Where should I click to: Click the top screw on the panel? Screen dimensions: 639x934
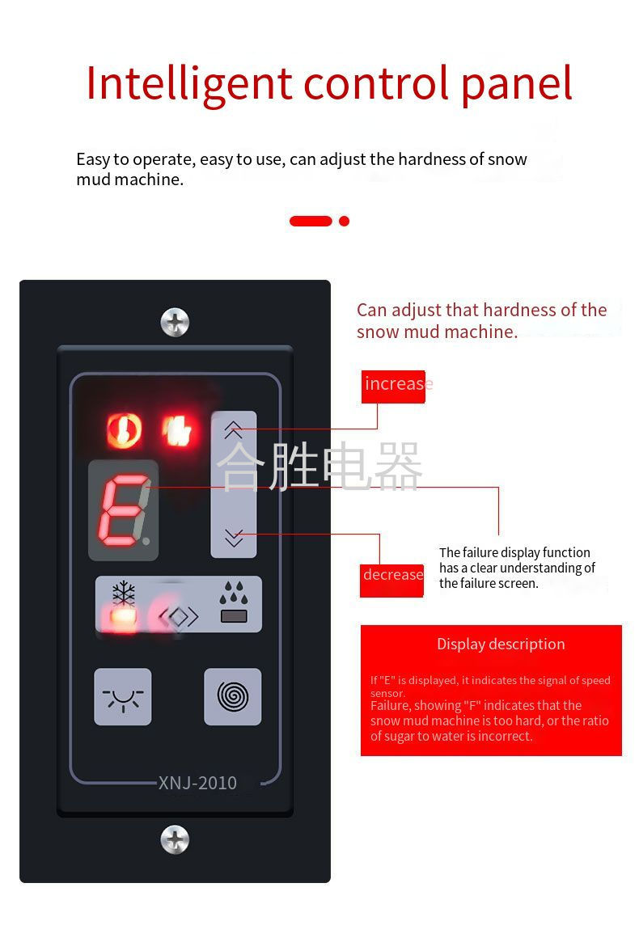click(x=175, y=323)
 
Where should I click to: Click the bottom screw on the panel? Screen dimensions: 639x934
click(x=175, y=839)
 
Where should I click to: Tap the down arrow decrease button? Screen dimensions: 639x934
click(x=234, y=537)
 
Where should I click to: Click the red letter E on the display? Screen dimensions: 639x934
click(x=122, y=510)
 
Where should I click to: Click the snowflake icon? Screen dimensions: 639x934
click(x=124, y=594)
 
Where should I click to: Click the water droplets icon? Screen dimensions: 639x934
click(x=234, y=594)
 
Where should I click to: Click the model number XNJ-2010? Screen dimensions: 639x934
click(x=197, y=783)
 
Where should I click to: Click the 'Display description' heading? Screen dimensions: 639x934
click(x=501, y=645)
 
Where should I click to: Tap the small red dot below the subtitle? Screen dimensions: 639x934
click(x=344, y=221)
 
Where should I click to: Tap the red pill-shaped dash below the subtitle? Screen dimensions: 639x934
click(x=311, y=221)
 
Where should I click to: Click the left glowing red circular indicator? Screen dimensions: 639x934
click(x=124, y=430)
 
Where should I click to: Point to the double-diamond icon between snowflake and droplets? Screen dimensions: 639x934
click(x=178, y=616)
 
